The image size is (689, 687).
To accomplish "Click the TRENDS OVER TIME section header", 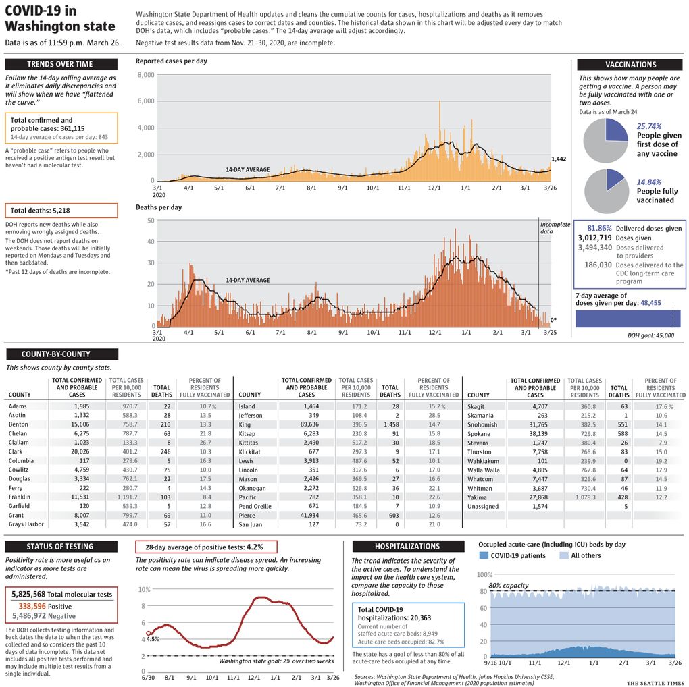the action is click(61, 64).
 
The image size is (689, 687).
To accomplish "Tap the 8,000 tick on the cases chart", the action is click(146, 75).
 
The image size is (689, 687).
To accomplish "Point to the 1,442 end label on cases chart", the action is click(559, 159).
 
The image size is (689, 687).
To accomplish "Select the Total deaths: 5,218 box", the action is click(61, 211).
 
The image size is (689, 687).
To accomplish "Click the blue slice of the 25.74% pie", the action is click(615, 131).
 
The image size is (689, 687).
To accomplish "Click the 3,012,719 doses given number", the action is click(594, 238).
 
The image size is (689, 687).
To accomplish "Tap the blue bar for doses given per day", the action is click(628, 319).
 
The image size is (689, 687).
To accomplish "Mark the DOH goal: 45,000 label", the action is click(650, 335).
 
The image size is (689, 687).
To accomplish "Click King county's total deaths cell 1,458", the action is click(391, 424).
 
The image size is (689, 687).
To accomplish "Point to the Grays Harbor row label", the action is click(26, 524).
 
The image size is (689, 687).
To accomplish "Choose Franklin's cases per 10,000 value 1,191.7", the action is click(128, 497).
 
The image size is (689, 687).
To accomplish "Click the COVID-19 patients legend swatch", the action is click(484, 555).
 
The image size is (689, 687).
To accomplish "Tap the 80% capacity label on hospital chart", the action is click(509, 586).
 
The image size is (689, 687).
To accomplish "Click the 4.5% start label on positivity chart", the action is click(153, 639).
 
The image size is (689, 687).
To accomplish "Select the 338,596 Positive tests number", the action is click(32, 606).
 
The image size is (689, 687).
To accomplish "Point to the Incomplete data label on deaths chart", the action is click(555, 228).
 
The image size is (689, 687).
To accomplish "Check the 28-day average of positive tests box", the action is click(206, 547).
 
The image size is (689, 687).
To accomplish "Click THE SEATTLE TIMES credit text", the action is click(655, 682).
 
